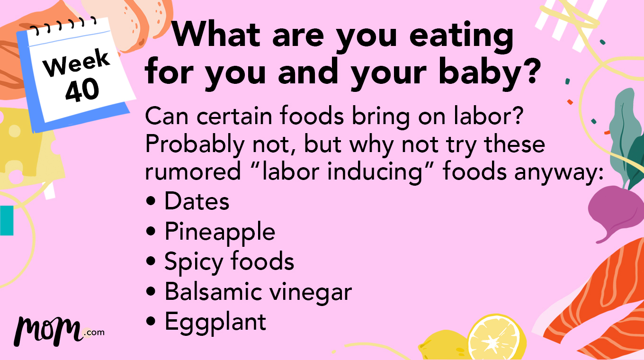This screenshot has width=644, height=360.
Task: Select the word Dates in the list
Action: click(x=197, y=201)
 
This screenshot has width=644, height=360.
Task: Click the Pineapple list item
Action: click(x=219, y=232)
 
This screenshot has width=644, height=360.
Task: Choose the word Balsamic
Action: click(x=213, y=292)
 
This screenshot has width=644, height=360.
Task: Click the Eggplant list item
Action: click(x=215, y=322)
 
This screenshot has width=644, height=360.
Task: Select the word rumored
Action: click(x=193, y=172)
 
